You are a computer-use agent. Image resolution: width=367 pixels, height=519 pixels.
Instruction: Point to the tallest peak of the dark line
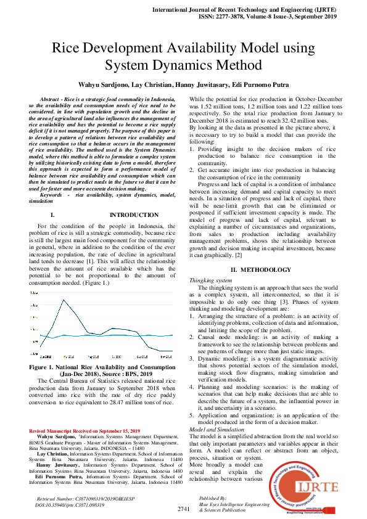(64, 300)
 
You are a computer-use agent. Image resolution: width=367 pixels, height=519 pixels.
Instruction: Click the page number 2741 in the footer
(183, 509)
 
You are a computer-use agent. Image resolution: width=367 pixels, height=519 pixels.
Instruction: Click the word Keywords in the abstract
(55, 195)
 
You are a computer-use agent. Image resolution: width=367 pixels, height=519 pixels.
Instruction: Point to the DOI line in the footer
(67, 504)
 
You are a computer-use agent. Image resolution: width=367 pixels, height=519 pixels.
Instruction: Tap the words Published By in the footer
(212, 497)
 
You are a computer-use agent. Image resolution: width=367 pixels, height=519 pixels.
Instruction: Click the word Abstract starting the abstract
(51, 99)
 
